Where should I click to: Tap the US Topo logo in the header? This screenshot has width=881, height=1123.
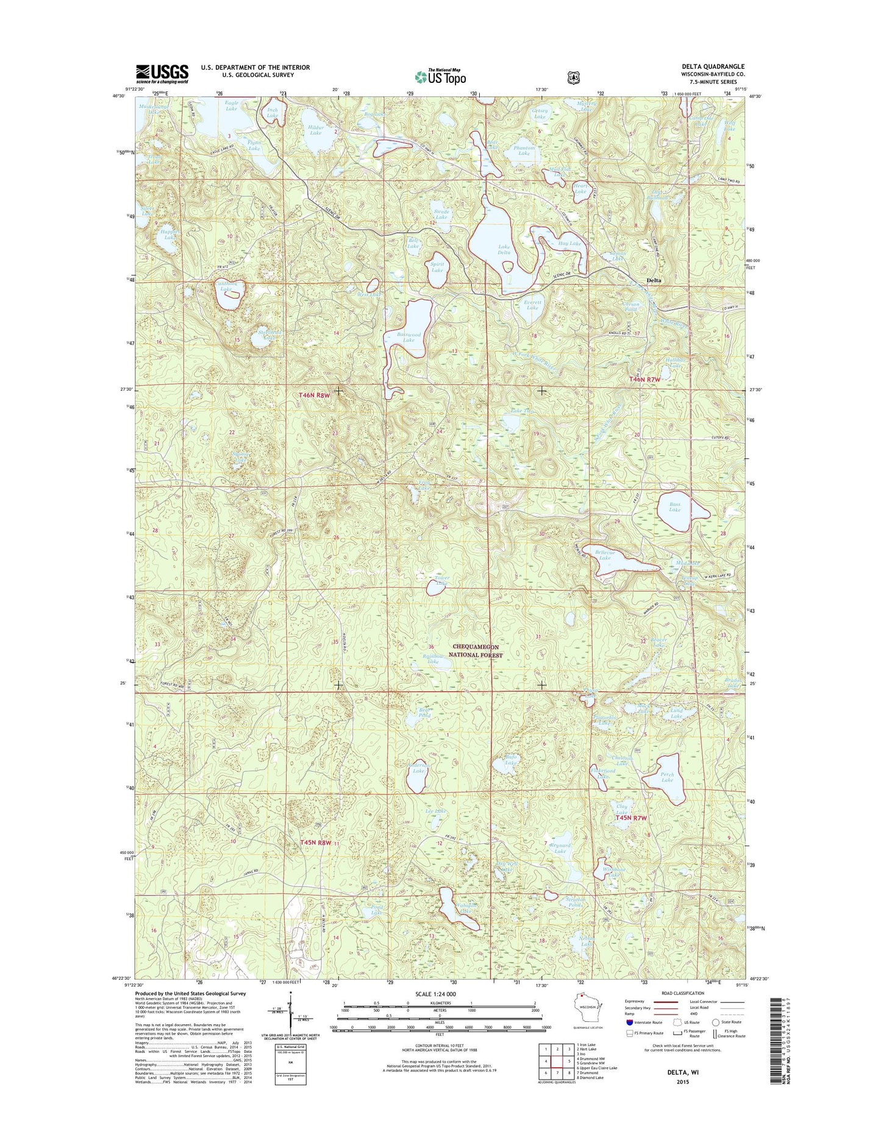click(x=440, y=77)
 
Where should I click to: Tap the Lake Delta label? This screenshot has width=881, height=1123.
click(x=504, y=250)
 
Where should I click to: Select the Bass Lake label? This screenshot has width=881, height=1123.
click(x=674, y=507)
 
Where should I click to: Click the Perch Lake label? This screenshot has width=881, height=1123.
click(x=667, y=777)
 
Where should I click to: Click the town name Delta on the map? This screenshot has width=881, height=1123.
click(x=654, y=280)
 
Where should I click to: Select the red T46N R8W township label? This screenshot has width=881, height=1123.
click(x=314, y=396)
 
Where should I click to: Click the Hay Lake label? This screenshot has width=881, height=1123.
click(x=569, y=243)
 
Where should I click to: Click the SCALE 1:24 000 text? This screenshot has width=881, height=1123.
click(x=440, y=994)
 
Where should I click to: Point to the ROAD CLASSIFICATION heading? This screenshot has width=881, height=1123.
click(x=682, y=993)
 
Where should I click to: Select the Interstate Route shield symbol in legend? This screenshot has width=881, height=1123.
click(x=630, y=1022)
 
